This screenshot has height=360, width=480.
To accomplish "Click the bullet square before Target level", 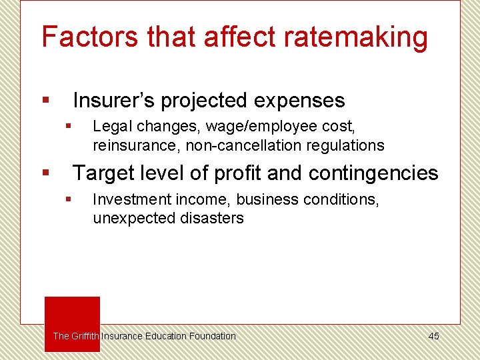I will (x=45, y=173).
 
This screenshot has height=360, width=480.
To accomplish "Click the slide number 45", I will (x=433, y=336).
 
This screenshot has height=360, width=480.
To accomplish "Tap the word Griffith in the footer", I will (x=85, y=336).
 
